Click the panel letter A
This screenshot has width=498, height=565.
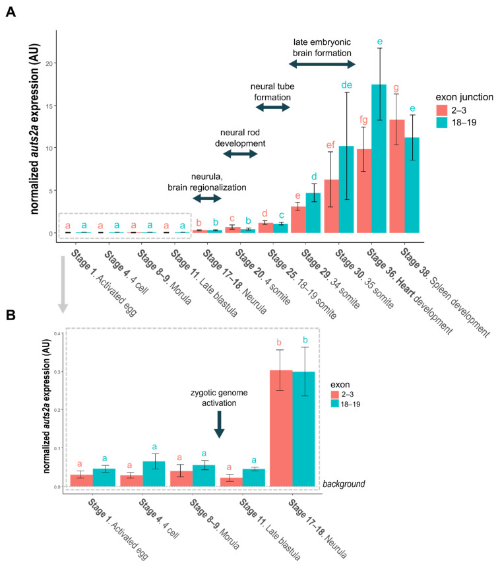pos(12,13)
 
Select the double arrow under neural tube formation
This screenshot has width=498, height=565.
pos(271,106)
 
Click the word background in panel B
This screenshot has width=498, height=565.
pos(344,484)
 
